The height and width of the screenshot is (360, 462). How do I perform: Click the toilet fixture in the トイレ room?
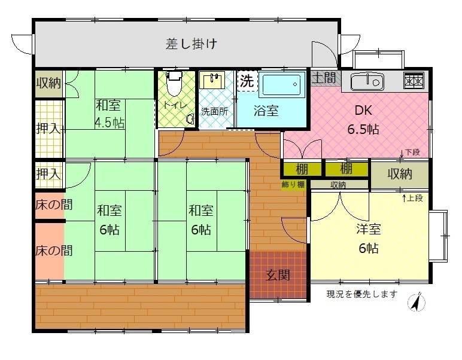click(x=174, y=83)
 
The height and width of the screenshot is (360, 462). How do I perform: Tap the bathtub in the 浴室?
click(x=281, y=85)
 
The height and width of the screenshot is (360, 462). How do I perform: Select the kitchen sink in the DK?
click(x=367, y=81)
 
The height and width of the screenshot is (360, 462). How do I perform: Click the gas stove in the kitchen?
click(x=414, y=81)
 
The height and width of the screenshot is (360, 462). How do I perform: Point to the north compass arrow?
click(x=417, y=303)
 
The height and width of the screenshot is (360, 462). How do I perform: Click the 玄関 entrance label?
click(x=278, y=275)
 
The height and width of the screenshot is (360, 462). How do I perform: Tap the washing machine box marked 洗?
click(x=247, y=81)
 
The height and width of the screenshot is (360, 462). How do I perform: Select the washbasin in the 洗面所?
click(x=212, y=80)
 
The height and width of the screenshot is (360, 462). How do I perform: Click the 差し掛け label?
click(x=192, y=44)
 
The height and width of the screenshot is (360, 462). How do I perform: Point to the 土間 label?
click(x=324, y=78)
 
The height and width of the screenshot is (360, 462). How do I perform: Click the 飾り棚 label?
click(x=293, y=185)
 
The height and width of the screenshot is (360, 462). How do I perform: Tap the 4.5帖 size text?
click(x=110, y=123)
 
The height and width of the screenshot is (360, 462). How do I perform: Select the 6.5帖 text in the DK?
click(x=363, y=129)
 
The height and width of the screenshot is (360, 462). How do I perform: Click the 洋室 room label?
click(x=368, y=229)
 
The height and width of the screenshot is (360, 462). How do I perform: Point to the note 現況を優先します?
click(x=362, y=294)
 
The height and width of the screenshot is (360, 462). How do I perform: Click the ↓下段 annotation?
click(x=410, y=152)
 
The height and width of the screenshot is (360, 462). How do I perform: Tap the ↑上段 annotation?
click(x=413, y=198)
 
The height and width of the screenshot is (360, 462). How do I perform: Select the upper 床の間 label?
click(x=54, y=205)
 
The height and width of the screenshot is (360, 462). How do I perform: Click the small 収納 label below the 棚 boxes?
click(x=338, y=185)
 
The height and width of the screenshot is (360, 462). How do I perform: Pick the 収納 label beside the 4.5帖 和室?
click(x=48, y=83)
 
